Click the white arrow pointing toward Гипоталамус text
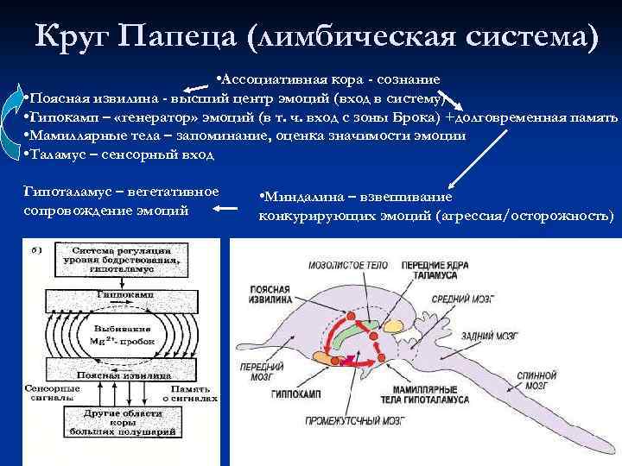(227, 208)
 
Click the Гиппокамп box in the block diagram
(120, 294)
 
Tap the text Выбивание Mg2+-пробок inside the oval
(120, 334)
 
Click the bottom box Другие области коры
(120, 423)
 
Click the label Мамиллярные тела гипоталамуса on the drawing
(428, 394)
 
